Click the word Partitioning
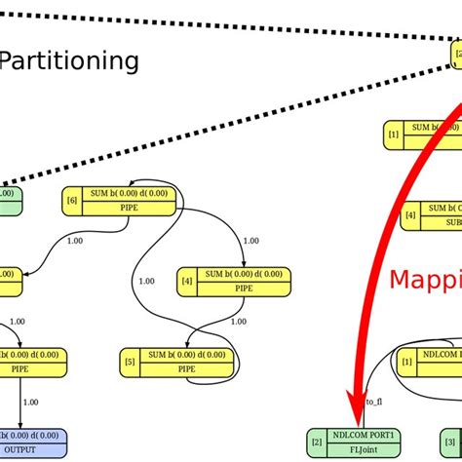point(68,61)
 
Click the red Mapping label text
point(425,281)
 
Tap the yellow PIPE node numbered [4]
point(234,281)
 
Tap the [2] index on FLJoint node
point(316,443)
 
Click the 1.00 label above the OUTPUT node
point(31,401)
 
